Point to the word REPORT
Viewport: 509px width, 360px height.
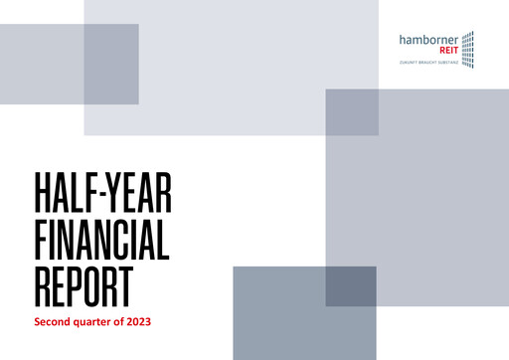84,282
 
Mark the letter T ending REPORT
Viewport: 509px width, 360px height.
125,282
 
